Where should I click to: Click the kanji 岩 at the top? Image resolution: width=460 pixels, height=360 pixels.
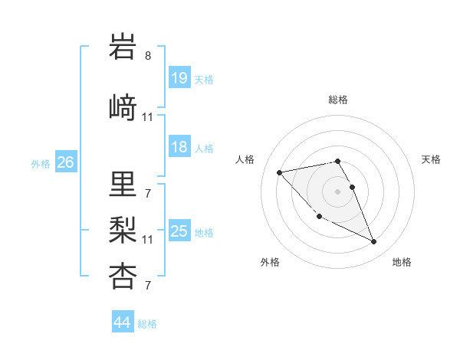coord(123,48)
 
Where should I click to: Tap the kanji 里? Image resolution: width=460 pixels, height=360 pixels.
coord(123,183)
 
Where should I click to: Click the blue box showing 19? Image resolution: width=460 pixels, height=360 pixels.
coord(179,78)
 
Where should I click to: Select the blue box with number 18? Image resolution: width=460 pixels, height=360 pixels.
coord(179,147)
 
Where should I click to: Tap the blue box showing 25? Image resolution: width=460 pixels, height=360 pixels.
coord(179,231)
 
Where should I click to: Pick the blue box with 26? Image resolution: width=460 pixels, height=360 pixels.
coord(65,162)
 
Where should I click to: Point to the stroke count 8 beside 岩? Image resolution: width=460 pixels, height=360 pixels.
coord(148,55)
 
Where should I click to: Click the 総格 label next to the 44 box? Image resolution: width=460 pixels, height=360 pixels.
coord(147,324)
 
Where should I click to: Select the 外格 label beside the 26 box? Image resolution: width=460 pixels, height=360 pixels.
coord(41,163)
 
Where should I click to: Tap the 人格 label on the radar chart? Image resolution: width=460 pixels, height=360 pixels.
coord(245,159)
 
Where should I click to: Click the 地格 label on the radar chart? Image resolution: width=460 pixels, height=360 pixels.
coord(402,262)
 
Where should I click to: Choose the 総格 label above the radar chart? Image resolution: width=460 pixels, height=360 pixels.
coord(338,100)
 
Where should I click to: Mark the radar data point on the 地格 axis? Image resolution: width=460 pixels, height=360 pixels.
coord(374,242)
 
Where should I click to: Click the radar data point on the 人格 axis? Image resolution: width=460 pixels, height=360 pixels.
coord(279,172)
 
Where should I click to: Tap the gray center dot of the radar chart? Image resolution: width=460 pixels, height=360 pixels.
coord(338,191)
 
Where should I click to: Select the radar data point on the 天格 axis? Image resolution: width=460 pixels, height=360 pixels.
coord(352,187)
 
